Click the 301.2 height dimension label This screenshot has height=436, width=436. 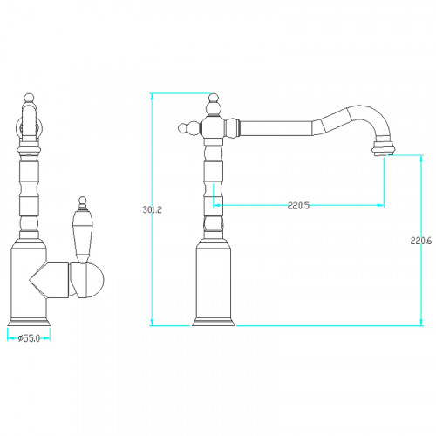pos(152,209)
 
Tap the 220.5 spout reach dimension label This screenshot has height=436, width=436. pos(298,206)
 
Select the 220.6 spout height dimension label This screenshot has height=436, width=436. pos(421,241)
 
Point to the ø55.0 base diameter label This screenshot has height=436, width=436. pos(29,338)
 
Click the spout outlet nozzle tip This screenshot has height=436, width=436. pos(384,148)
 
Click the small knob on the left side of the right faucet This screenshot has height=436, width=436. pos(182,128)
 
